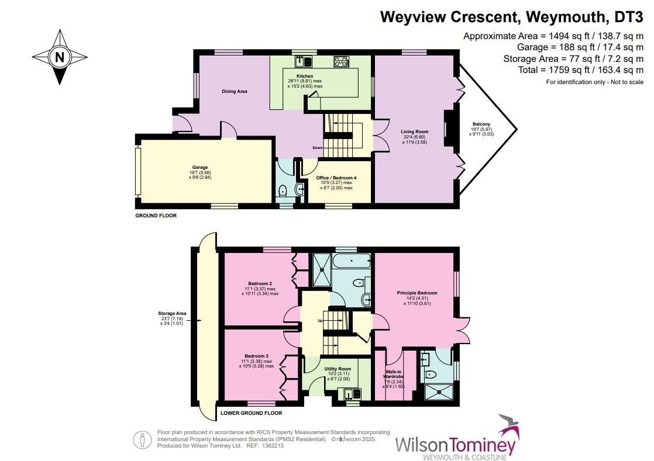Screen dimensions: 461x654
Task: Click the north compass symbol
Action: [58, 57]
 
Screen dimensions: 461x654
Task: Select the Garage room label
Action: [200, 168]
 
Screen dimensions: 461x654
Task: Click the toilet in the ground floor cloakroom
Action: [283, 189]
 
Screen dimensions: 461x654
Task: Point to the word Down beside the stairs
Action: [318, 148]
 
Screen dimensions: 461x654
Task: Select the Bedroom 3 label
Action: [256, 356]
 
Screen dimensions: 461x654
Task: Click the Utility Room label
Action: [338, 369]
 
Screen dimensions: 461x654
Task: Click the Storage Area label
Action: [172, 314]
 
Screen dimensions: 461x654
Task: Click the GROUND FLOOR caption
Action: [155, 216]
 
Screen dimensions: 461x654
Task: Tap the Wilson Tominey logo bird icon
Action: [507, 429]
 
